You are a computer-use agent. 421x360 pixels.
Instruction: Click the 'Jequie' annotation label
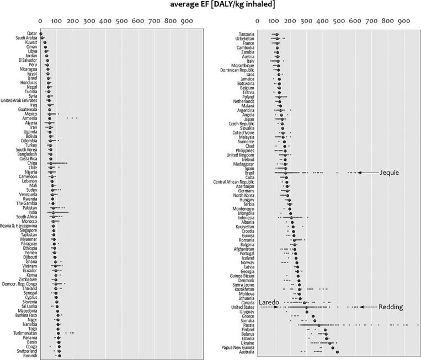tap(389, 173)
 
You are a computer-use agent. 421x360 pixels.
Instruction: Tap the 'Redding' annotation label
tap(390, 307)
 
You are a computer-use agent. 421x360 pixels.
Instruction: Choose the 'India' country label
tap(33, 212)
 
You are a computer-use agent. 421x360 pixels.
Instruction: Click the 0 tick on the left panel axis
tap(40, 22)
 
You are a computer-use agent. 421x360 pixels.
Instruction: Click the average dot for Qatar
tap(41, 34)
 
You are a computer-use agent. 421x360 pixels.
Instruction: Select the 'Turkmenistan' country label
tap(25, 333)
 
